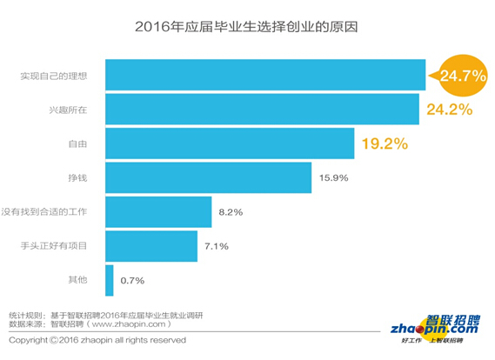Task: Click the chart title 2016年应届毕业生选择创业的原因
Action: (x=247, y=27)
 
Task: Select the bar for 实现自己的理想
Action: (x=265, y=75)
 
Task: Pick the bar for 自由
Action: (x=230, y=143)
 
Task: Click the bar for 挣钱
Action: (x=209, y=177)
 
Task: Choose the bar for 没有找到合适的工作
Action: (x=158, y=211)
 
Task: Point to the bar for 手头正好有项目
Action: (x=151, y=246)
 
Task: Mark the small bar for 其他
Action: (x=110, y=280)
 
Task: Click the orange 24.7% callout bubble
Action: (x=461, y=77)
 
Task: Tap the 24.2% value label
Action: (x=449, y=110)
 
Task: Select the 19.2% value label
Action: (x=384, y=143)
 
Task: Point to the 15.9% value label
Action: (x=336, y=178)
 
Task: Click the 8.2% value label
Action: (x=231, y=212)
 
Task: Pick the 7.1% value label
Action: (x=217, y=246)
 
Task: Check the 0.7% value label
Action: (x=132, y=281)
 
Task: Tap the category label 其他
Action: (x=79, y=280)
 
